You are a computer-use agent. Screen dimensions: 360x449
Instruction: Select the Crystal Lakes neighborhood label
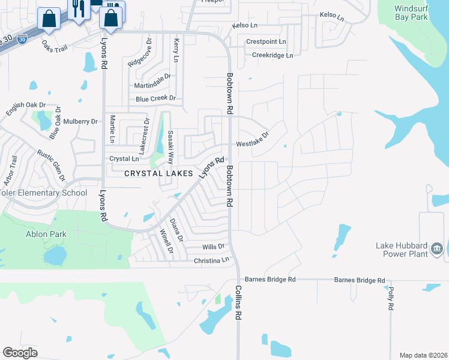(158, 173)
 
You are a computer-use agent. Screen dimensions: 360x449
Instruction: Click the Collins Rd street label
(238, 307)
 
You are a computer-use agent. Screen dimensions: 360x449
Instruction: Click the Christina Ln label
(212, 260)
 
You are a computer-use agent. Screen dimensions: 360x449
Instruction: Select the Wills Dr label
(213, 247)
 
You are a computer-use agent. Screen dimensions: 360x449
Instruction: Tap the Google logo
(20, 353)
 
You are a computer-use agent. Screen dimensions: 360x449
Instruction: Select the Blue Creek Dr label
(155, 98)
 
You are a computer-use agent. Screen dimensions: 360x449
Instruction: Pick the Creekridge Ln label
(273, 55)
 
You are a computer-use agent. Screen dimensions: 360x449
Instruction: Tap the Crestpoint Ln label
(267, 41)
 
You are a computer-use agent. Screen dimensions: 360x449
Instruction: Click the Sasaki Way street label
(170, 148)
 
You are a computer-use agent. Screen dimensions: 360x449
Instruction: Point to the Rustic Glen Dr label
(50, 166)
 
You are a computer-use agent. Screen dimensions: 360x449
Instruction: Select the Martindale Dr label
(152, 76)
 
